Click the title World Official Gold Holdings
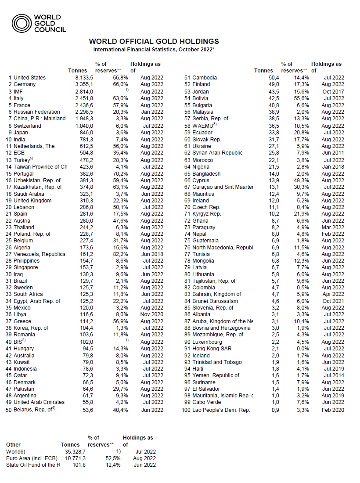tap(154, 41)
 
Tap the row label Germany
tap(25, 84)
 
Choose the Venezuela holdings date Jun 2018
tap(151, 254)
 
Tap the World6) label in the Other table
tap(16, 451)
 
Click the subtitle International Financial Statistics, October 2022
tap(154, 50)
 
